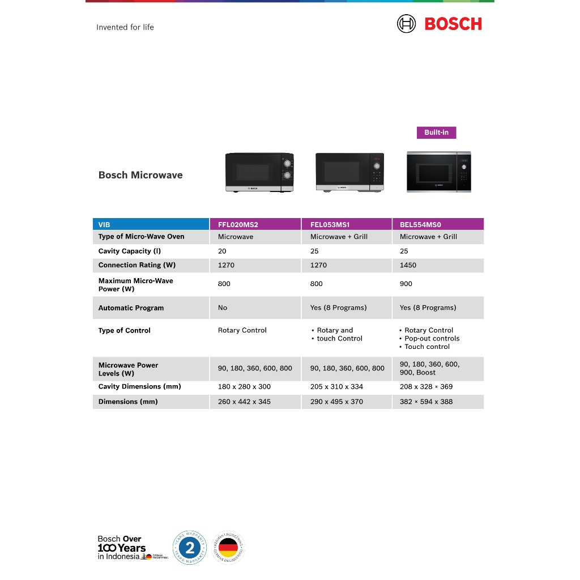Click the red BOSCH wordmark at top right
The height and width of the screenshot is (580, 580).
(453, 24)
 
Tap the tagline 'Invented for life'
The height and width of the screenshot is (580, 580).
(125, 27)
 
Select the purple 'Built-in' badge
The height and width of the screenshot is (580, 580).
(436, 133)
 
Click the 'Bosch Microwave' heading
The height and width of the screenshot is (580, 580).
(140, 175)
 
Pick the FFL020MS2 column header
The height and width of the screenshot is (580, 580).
(238, 225)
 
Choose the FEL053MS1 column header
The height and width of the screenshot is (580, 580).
(330, 225)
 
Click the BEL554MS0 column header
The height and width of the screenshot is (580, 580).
(420, 225)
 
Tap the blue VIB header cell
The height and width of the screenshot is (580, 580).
(104, 225)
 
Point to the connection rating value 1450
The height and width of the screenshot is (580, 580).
(408, 265)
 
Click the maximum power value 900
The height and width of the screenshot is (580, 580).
(406, 284)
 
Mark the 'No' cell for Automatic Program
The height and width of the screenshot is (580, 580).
(223, 308)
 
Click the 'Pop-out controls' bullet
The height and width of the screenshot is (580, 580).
(432, 338)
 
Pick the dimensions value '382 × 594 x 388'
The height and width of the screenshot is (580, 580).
(426, 402)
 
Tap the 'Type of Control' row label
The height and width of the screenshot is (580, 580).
(125, 330)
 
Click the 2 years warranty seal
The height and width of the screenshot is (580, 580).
(189, 548)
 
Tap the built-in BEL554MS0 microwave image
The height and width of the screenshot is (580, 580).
(438, 172)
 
